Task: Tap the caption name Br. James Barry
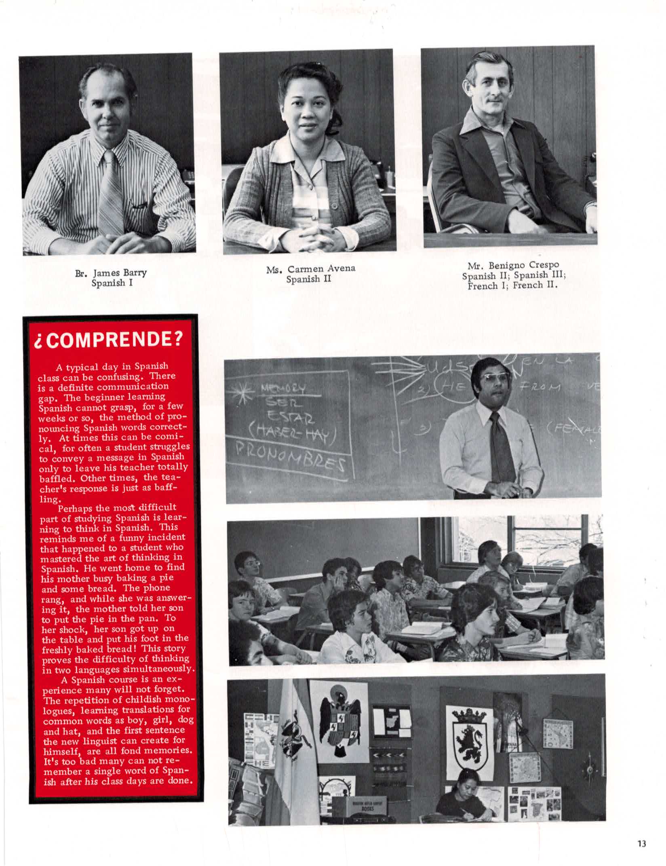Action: pos(111,273)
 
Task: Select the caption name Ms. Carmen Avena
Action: pos(311,269)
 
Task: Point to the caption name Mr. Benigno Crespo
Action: pos(513,266)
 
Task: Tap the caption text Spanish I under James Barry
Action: pos(112,283)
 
